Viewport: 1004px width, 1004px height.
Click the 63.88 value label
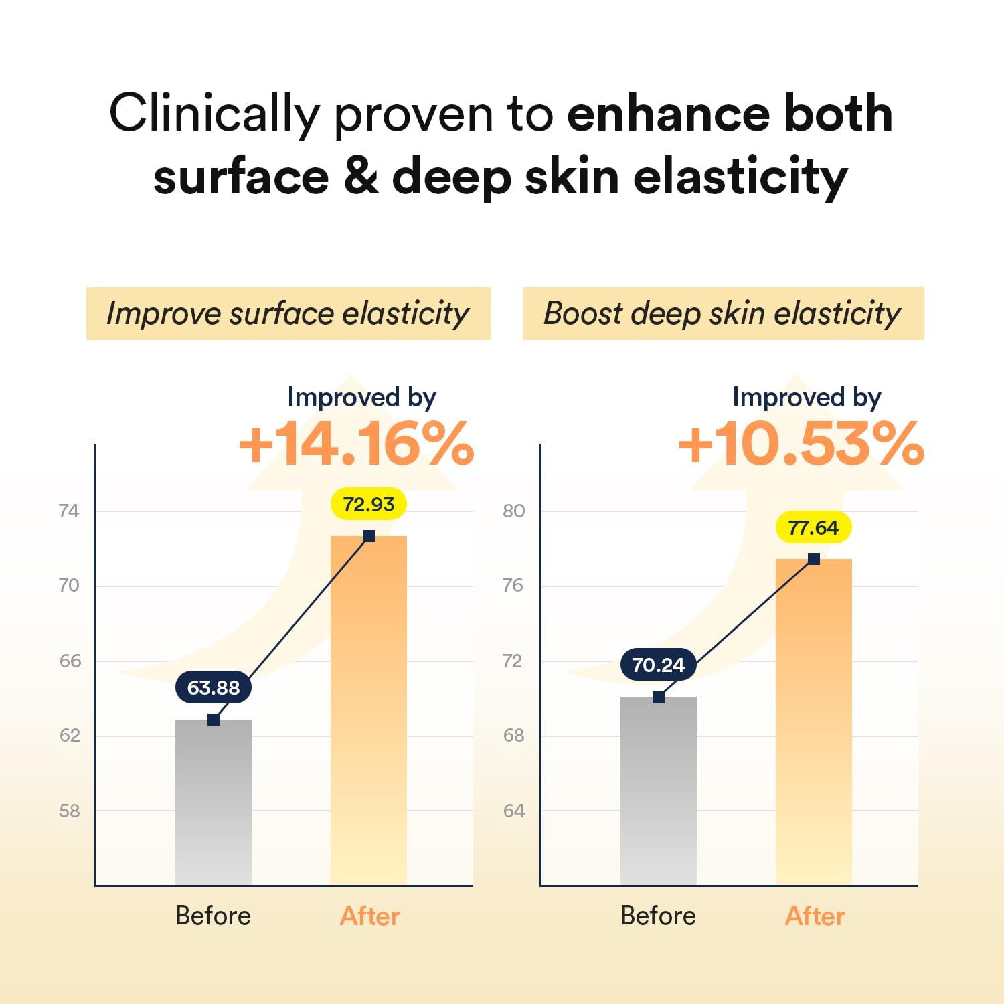pyautogui.click(x=214, y=688)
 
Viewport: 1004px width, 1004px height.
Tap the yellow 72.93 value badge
pyautogui.click(x=368, y=504)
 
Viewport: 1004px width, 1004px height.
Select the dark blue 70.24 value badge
pyautogui.click(x=658, y=665)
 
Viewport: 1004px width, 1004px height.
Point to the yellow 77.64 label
pyautogui.click(x=813, y=528)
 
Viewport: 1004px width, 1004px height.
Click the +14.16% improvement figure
pyautogui.click(x=356, y=444)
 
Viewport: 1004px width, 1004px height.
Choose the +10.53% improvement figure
pyautogui.click(x=801, y=444)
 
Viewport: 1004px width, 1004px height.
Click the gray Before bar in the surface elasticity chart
pyautogui.click(x=214, y=803)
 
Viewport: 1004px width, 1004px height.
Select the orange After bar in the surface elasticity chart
pyautogui.click(x=368, y=709)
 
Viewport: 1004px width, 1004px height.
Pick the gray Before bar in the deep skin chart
pyautogui.click(x=658, y=790)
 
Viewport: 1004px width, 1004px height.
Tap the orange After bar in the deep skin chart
pyautogui.click(x=813, y=723)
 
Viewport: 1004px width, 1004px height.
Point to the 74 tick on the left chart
pyautogui.click(x=69, y=511)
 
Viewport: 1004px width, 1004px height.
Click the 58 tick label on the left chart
pyautogui.click(x=69, y=811)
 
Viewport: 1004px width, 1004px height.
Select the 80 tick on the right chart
pyautogui.click(x=513, y=511)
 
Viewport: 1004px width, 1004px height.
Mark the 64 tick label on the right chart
pyautogui.click(x=513, y=811)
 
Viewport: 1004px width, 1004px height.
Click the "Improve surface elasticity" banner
pyautogui.click(x=288, y=313)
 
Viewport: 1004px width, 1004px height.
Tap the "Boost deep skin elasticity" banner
pyautogui.click(x=723, y=313)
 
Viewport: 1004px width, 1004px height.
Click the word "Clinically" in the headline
pyautogui.click(x=214, y=114)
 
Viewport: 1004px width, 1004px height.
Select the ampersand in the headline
pyautogui.click(x=361, y=177)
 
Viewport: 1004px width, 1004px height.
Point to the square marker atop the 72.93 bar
pyautogui.click(x=369, y=536)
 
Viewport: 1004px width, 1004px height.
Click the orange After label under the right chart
pyautogui.click(x=815, y=916)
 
